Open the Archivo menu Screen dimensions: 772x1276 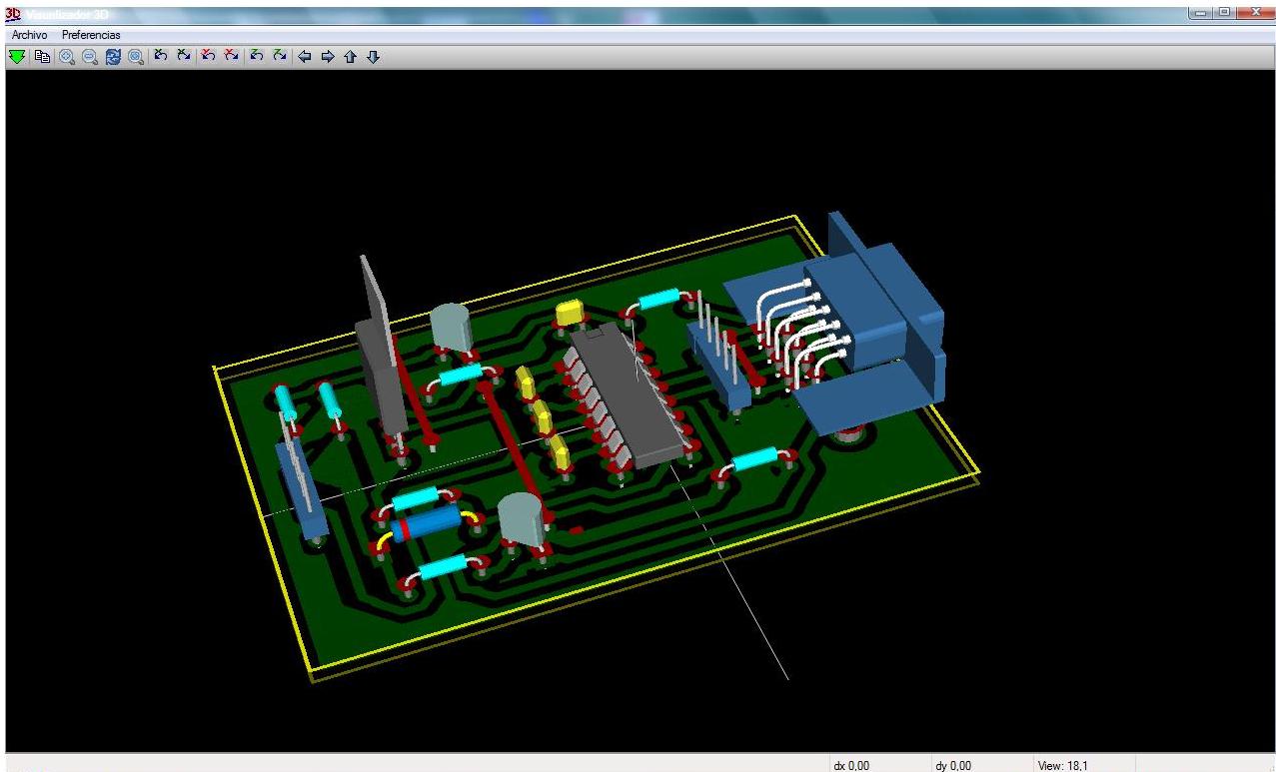(x=29, y=35)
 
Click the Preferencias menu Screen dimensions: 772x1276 (x=91, y=35)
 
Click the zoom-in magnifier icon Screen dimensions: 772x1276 (x=67, y=57)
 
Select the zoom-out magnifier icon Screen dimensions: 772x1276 (x=90, y=57)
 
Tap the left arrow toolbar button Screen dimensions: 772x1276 (x=305, y=57)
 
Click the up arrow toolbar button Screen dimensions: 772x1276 (x=350, y=57)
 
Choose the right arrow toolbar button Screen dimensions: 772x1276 (x=327, y=57)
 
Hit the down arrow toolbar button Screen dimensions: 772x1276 (x=373, y=57)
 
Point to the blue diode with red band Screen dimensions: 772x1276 (x=427, y=522)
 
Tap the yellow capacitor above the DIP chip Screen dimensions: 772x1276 (x=571, y=312)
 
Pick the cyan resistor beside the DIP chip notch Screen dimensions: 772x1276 (x=658, y=298)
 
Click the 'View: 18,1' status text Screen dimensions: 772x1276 (x=1063, y=765)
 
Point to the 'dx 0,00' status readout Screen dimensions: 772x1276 (x=852, y=765)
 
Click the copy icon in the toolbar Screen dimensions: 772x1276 (x=43, y=57)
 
